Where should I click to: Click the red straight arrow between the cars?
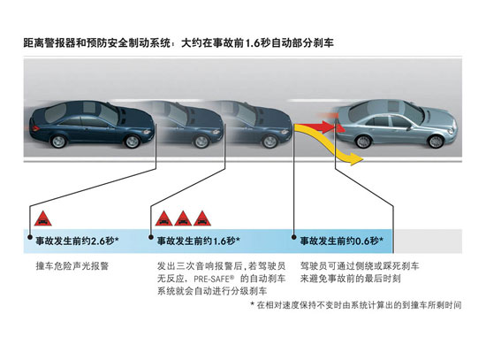319,127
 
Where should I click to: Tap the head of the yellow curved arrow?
356,159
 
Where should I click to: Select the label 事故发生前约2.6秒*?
78,241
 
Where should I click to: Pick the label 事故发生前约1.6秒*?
199,241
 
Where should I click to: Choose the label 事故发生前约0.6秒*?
342,241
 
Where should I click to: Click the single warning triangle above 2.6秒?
43,218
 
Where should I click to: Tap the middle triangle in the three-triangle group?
183,218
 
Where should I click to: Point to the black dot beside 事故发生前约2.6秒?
30,237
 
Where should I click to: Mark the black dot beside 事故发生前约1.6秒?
151,237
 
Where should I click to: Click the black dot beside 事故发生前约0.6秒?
294,237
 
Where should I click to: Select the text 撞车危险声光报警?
72,266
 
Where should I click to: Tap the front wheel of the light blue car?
436,142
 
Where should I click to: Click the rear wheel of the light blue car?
363,141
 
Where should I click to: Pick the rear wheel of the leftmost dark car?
58,141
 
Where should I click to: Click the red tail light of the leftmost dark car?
35,128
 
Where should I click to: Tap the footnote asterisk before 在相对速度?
253,303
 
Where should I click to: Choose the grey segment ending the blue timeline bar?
428,241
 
